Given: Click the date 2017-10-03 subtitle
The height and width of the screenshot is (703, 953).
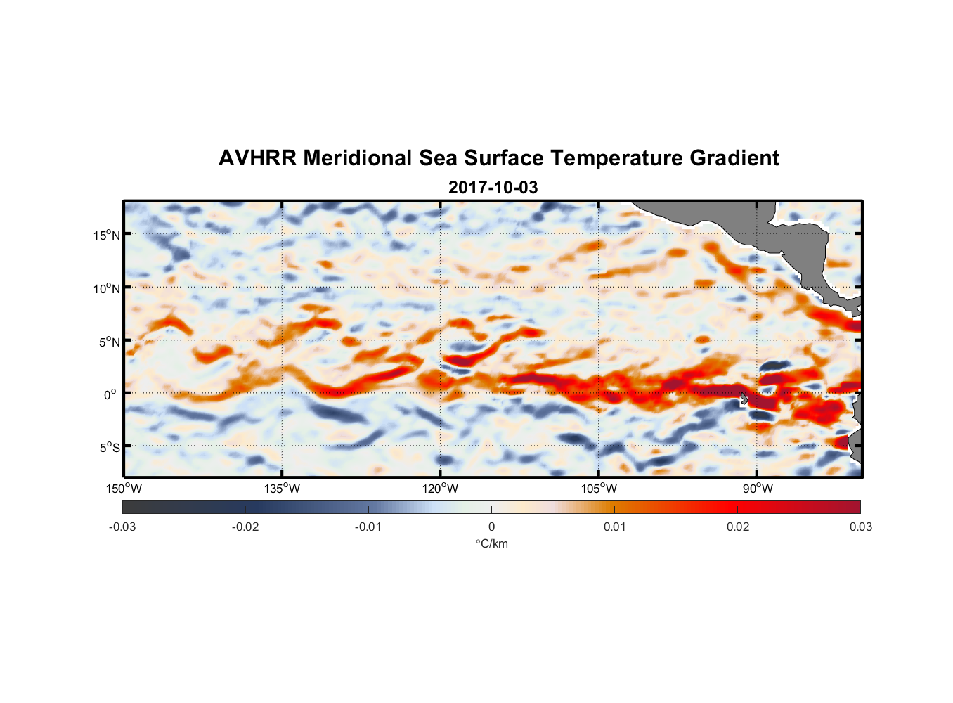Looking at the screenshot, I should click(493, 188).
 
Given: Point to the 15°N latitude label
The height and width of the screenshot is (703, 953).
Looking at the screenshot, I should click(107, 235).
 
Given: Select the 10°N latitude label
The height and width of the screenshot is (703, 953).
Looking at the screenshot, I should click(107, 288).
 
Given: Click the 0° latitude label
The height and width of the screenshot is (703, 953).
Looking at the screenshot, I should click(111, 394).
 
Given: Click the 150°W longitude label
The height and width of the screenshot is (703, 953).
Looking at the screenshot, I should click(124, 489).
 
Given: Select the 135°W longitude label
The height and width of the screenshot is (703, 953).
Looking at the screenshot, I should click(283, 489).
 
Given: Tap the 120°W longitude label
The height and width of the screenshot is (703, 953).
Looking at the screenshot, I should click(441, 489).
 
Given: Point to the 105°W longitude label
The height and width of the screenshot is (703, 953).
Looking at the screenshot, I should click(599, 489).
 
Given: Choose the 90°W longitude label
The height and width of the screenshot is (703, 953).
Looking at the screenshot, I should click(758, 489).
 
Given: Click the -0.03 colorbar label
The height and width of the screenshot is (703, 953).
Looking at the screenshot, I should click(122, 527).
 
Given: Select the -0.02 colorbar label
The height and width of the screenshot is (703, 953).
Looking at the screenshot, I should click(245, 527).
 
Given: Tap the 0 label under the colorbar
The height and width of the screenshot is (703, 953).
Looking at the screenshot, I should click(491, 527).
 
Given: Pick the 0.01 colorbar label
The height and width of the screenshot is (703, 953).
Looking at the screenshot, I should click(614, 527).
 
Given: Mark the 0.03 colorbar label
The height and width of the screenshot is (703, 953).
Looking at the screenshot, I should click(860, 527).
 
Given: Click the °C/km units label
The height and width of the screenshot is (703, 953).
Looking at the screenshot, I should click(491, 543).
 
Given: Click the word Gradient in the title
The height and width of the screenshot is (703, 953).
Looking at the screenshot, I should click(734, 158).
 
